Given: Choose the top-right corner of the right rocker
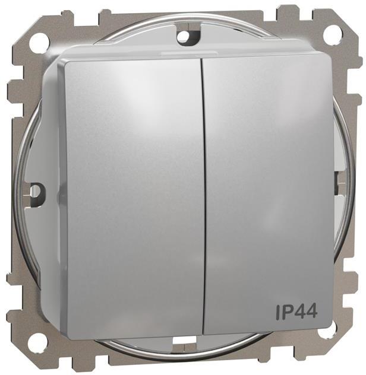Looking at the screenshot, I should pyautogui.click(x=329, y=56).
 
